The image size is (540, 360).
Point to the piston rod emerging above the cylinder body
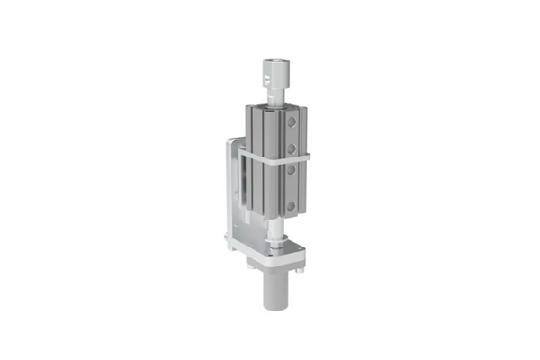point(275,95)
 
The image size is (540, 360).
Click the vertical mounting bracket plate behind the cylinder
point(235,189)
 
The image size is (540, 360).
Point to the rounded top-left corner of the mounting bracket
point(231,141)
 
